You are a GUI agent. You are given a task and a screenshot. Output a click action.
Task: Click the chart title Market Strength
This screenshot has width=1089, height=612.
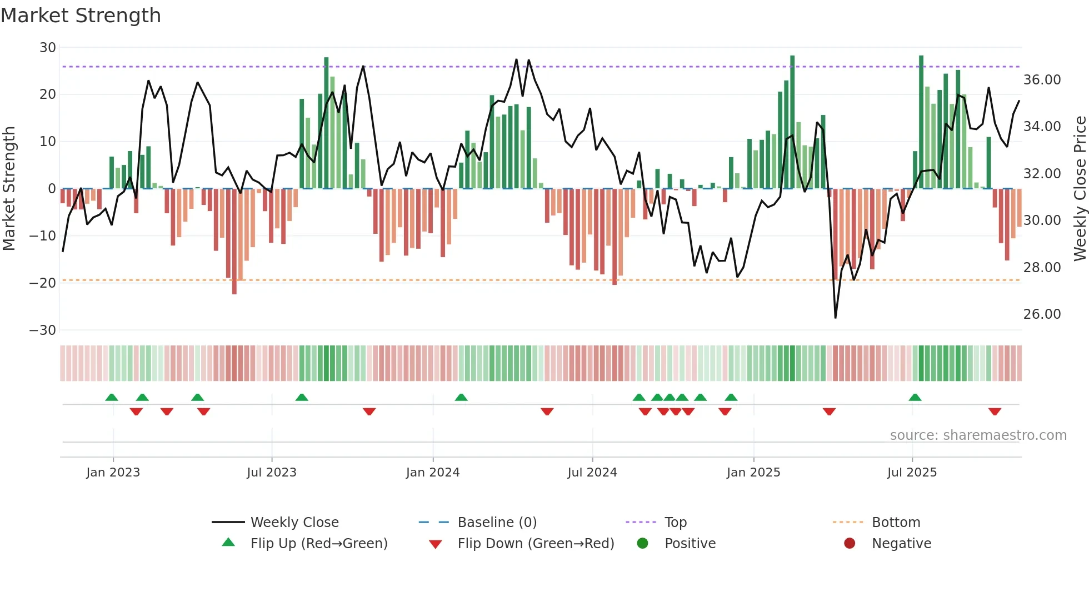click(x=81, y=16)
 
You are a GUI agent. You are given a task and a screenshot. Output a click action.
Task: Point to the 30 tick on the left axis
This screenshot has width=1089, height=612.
click(x=48, y=48)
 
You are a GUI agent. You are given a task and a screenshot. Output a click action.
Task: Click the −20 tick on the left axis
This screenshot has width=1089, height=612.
click(x=43, y=283)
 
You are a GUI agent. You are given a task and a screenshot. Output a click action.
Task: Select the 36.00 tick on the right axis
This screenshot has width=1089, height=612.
click(x=1042, y=80)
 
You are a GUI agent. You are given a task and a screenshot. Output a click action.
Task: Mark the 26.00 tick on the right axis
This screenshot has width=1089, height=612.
click(x=1042, y=314)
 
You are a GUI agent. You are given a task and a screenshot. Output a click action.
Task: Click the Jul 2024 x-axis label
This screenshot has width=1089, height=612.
click(x=592, y=473)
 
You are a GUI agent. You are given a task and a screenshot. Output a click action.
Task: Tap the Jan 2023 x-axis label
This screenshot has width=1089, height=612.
click(x=113, y=473)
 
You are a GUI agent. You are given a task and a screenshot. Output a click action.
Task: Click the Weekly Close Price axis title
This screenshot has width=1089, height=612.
click(x=1080, y=189)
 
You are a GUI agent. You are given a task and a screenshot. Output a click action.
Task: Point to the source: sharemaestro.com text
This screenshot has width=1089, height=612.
click(x=978, y=435)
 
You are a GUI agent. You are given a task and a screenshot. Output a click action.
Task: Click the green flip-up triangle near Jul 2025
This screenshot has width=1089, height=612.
click(x=915, y=397)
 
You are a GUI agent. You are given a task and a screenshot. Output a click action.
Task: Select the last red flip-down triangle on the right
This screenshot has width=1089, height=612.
click(x=995, y=412)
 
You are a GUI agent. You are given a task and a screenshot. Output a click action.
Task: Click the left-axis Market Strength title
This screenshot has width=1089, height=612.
click(x=9, y=189)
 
